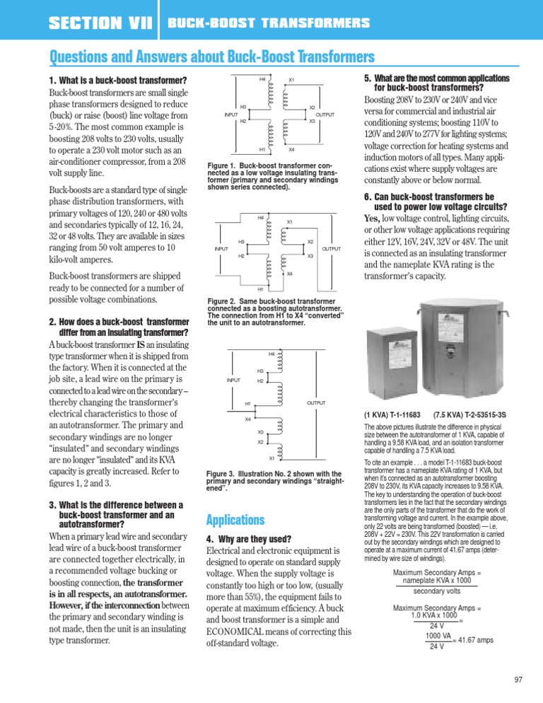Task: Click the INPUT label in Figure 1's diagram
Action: pyautogui.click(x=231, y=115)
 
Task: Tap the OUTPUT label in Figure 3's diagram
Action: pyautogui.click(x=315, y=402)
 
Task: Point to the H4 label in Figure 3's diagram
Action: pyautogui.click(x=271, y=354)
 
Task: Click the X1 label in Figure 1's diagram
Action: pyautogui.click(x=291, y=81)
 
